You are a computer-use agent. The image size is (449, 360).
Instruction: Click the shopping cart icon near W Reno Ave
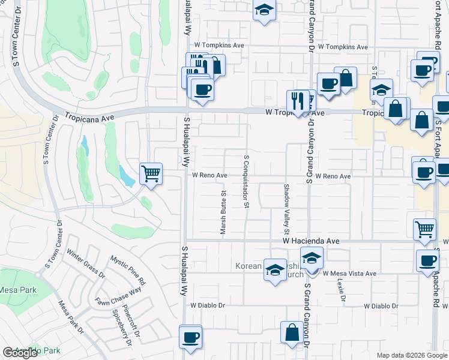pyautogui.click(x=151, y=174)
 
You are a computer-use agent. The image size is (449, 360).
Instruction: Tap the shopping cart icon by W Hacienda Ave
pyautogui.click(x=424, y=229)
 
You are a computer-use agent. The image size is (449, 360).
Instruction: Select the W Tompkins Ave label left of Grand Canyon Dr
pyautogui.click(x=218, y=46)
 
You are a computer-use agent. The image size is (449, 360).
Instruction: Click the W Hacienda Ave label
pyautogui.click(x=312, y=241)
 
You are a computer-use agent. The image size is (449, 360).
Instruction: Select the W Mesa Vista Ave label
pyautogui.click(x=349, y=274)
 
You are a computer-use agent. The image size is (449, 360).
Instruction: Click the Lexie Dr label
pyautogui.click(x=341, y=289)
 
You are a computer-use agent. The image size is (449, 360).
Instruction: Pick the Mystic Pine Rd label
pyautogui.click(x=128, y=270)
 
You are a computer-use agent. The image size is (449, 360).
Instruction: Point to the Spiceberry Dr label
pyautogui.click(x=121, y=328)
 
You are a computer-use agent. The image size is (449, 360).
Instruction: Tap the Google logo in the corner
pyautogui.click(x=20, y=353)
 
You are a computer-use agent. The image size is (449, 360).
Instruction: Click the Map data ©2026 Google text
pyautogui.click(x=411, y=355)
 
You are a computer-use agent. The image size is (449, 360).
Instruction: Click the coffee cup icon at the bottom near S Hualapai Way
pyautogui.click(x=190, y=337)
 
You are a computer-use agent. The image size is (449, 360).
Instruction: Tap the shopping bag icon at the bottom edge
pyautogui.click(x=292, y=334)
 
